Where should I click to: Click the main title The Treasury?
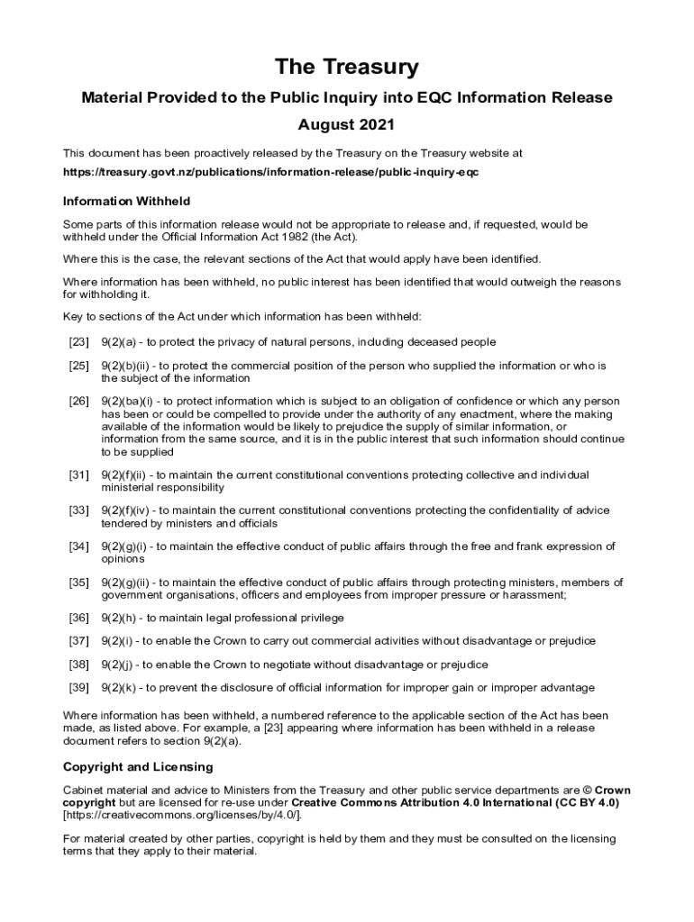click(x=347, y=68)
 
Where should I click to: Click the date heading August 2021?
click(x=347, y=124)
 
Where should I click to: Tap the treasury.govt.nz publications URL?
click(x=270, y=172)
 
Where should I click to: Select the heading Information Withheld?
click(x=126, y=201)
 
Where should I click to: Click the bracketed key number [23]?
click(x=78, y=342)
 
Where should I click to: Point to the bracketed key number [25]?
click(x=78, y=366)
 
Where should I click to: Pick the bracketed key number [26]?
click(x=78, y=401)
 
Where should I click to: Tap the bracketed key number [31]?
click(x=78, y=475)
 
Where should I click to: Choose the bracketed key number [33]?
click(x=78, y=511)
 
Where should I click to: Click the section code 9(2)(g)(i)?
click(x=127, y=547)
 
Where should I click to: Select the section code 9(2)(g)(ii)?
click(x=129, y=583)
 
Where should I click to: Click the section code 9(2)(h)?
click(x=121, y=618)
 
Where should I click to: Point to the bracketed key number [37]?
click(x=78, y=641)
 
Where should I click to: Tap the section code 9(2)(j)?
click(x=120, y=664)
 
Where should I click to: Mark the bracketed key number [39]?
click(x=78, y=688)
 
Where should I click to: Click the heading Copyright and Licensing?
click(x=138, y=767)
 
